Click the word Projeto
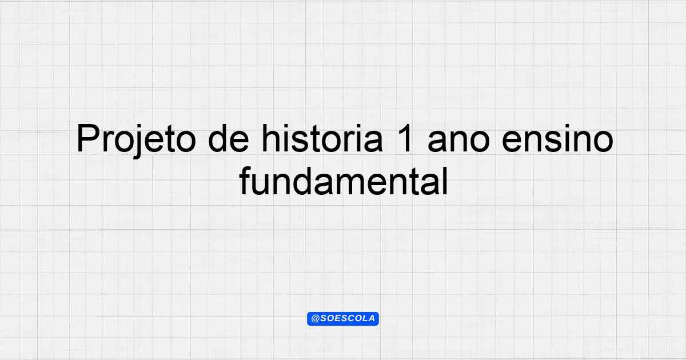pyautogui.click(x=136, y=140)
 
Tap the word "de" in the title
pyautogui.click(x=228, y=138)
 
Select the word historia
pyautogui.click(x=322, y=138)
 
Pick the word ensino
pyautogui.click(x=558, y=138)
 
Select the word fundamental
pyautogui.click(x=344, y=181)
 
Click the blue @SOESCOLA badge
pyautogui.click(x=343, y=319)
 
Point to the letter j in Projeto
pyautogui.click(x=138, y=142)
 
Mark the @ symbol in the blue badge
pyautogui.click(x=315, y=319)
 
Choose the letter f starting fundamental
pyautogui.click(x=245, y=181)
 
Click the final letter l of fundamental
pyautogui.click(x=445, y=181)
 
